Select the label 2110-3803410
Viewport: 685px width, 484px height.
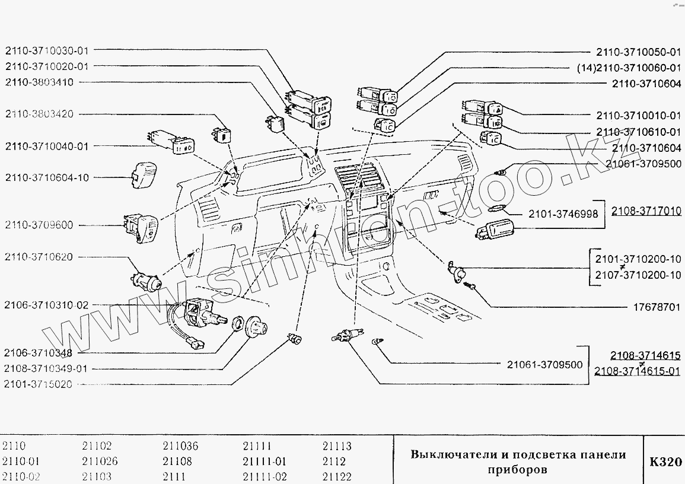click(x=39, y=82)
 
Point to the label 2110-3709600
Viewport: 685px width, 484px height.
click(x=39, y=225)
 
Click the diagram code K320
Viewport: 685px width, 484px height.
click(x=665, y=461)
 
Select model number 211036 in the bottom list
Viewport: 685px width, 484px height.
click(x=180, y=447)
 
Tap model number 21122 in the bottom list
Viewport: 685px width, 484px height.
click(x=337, y=476)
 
